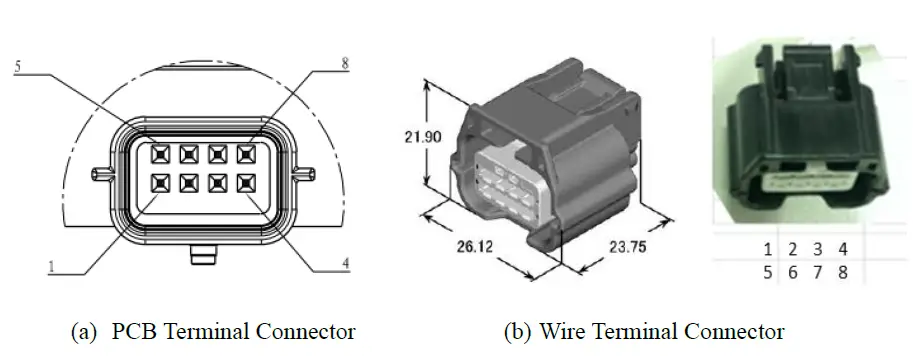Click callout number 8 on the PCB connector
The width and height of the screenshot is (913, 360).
(345, 63)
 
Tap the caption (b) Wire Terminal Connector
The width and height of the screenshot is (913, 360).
(649, 330)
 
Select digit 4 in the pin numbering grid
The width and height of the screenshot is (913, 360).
(843, 248)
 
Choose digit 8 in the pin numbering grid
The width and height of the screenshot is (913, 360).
(843, 272)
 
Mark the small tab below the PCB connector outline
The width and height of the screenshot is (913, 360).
(203, 258)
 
